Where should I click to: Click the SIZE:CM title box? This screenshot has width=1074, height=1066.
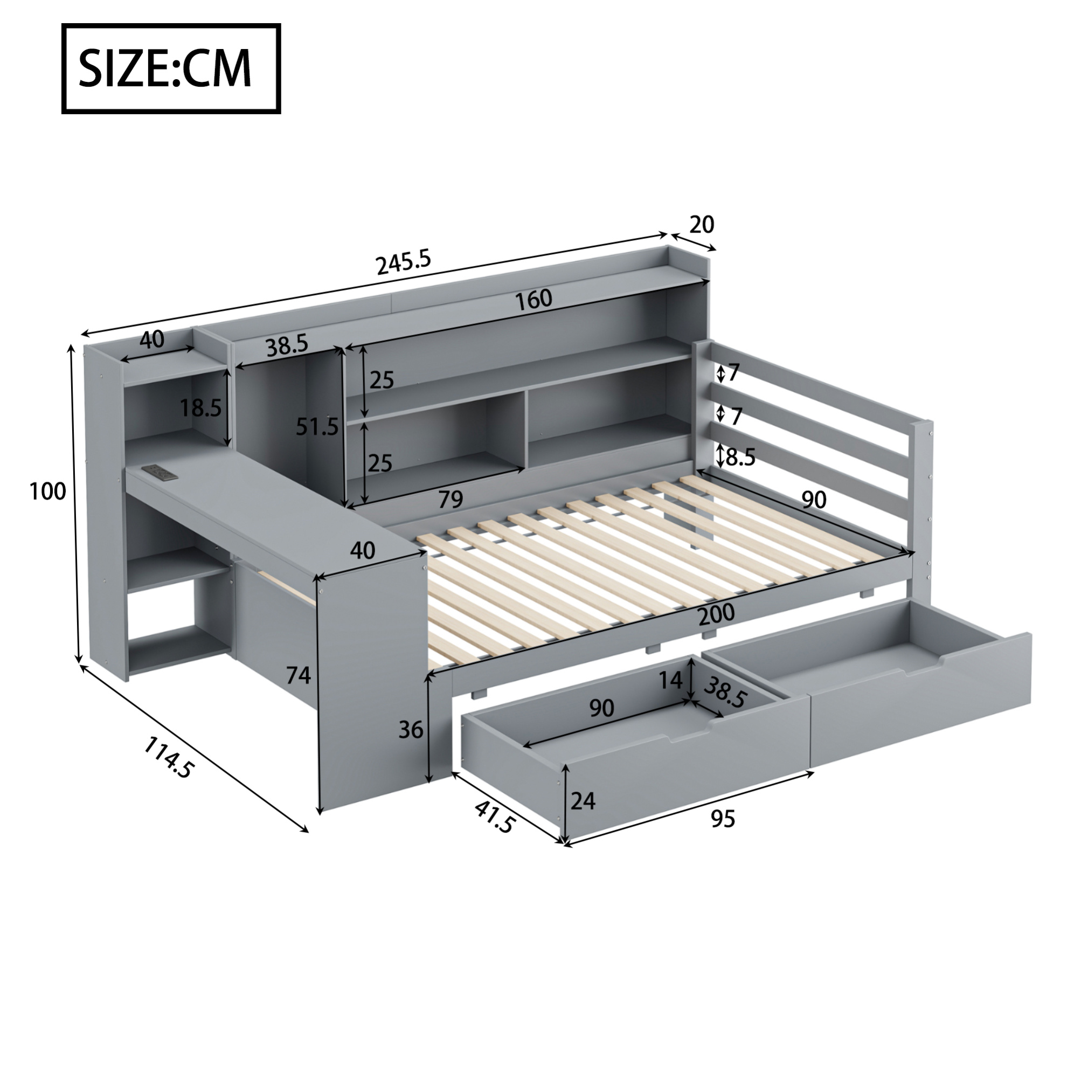point(171,69)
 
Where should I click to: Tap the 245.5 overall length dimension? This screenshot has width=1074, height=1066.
point(404,262)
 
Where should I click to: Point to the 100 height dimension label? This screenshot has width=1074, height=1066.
point(48,491)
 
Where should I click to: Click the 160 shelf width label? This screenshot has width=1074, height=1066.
point(533,299)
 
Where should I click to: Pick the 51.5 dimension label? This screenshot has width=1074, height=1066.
point(317,426)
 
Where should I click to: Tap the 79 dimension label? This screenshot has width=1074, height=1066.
point(451,500)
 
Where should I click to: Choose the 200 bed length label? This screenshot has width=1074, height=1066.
point(716,614)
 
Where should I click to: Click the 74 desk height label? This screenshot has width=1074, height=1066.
point(298,675)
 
